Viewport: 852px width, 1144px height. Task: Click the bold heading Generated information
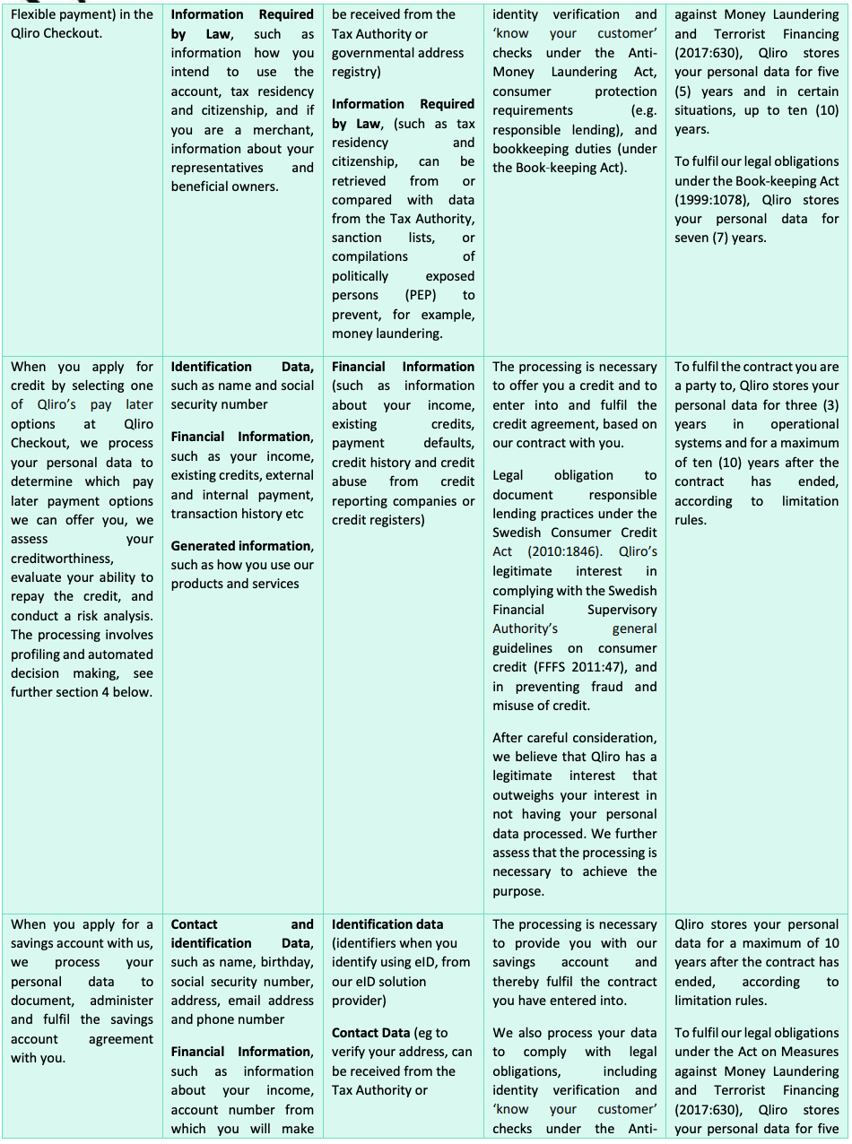click(x=242, y=545)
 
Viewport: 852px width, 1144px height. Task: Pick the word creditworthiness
click(x=62, y=559)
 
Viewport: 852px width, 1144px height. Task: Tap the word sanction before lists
click(x=356, y=238)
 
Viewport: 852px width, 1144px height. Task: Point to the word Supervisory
click(x=622, y=610)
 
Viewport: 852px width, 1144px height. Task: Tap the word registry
click(x=356, y=72)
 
